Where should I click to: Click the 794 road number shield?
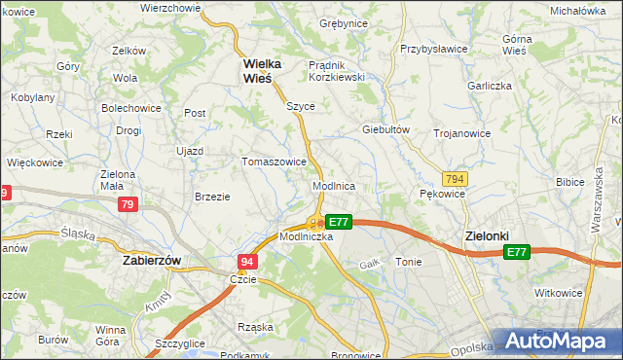click(454, 180)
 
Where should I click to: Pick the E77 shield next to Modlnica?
click(338, 222)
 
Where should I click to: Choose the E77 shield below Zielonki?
click(517, 253)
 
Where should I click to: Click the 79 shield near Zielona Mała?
click(128, 204)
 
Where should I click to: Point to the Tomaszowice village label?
click(275, 162)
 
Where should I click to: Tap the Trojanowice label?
click(461, 132)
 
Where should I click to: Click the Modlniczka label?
click(307, 236)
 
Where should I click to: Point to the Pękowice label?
click(443, 194)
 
